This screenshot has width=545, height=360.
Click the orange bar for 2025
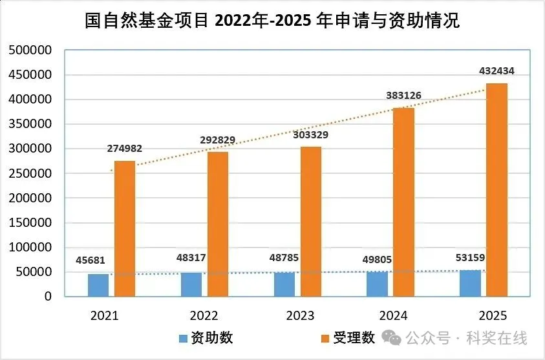coord(497,190)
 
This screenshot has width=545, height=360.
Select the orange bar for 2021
coord(125,229)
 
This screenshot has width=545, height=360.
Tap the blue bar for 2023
coord(284,284)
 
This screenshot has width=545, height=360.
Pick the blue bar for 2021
coord(98,285)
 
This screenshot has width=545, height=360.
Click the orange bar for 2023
coord(310,222)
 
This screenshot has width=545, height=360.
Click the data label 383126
coord(403,96)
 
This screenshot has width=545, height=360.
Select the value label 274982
coord(123,149)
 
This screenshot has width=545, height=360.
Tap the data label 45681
coord(90,260)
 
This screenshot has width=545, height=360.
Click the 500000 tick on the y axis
coord(29,50)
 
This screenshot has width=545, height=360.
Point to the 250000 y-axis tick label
coord(29,173)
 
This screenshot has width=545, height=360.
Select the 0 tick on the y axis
coord(48,297)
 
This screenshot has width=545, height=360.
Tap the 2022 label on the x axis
coord(204,316)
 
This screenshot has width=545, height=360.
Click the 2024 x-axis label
coord(393,316)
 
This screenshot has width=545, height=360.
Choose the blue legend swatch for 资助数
coord(183,338)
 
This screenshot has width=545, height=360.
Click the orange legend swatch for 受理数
coord(325,338)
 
